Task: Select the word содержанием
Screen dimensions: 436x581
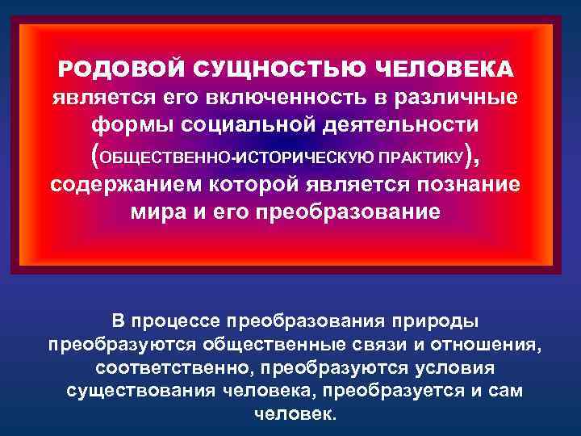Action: click(119, 183)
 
